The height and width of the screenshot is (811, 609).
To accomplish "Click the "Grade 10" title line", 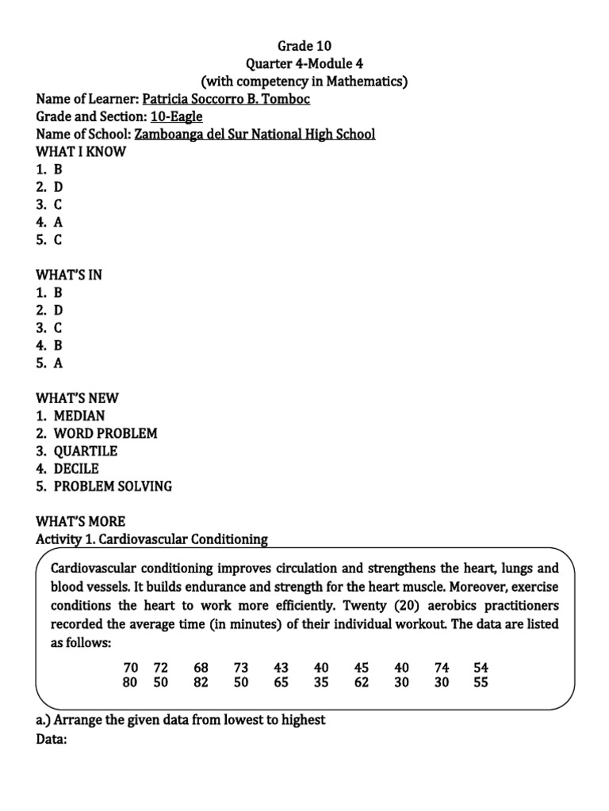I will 304,46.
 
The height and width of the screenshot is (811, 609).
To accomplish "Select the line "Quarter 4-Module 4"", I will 304,63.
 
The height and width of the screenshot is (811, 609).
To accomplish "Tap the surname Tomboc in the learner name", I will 289,99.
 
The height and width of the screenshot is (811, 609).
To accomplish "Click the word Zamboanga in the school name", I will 170,134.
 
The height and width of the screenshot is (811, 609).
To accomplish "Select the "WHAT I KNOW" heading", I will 81,151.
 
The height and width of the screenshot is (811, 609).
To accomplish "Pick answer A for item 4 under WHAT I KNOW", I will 58,223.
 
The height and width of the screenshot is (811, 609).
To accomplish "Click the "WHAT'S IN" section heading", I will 69,275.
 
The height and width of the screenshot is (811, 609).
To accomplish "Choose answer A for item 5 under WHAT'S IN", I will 58,363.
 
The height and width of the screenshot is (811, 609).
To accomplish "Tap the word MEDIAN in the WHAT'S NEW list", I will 79,416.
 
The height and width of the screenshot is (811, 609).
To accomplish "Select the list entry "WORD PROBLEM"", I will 105,433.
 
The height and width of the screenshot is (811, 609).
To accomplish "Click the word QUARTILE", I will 86,451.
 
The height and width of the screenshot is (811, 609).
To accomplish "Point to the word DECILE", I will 76,468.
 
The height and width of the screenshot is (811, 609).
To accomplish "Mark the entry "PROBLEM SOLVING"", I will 113,485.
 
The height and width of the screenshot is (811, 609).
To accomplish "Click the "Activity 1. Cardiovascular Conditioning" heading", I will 152,539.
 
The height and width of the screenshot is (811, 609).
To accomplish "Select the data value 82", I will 201,683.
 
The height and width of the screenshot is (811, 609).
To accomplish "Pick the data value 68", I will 201,668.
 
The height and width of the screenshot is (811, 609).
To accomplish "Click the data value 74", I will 442,668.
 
